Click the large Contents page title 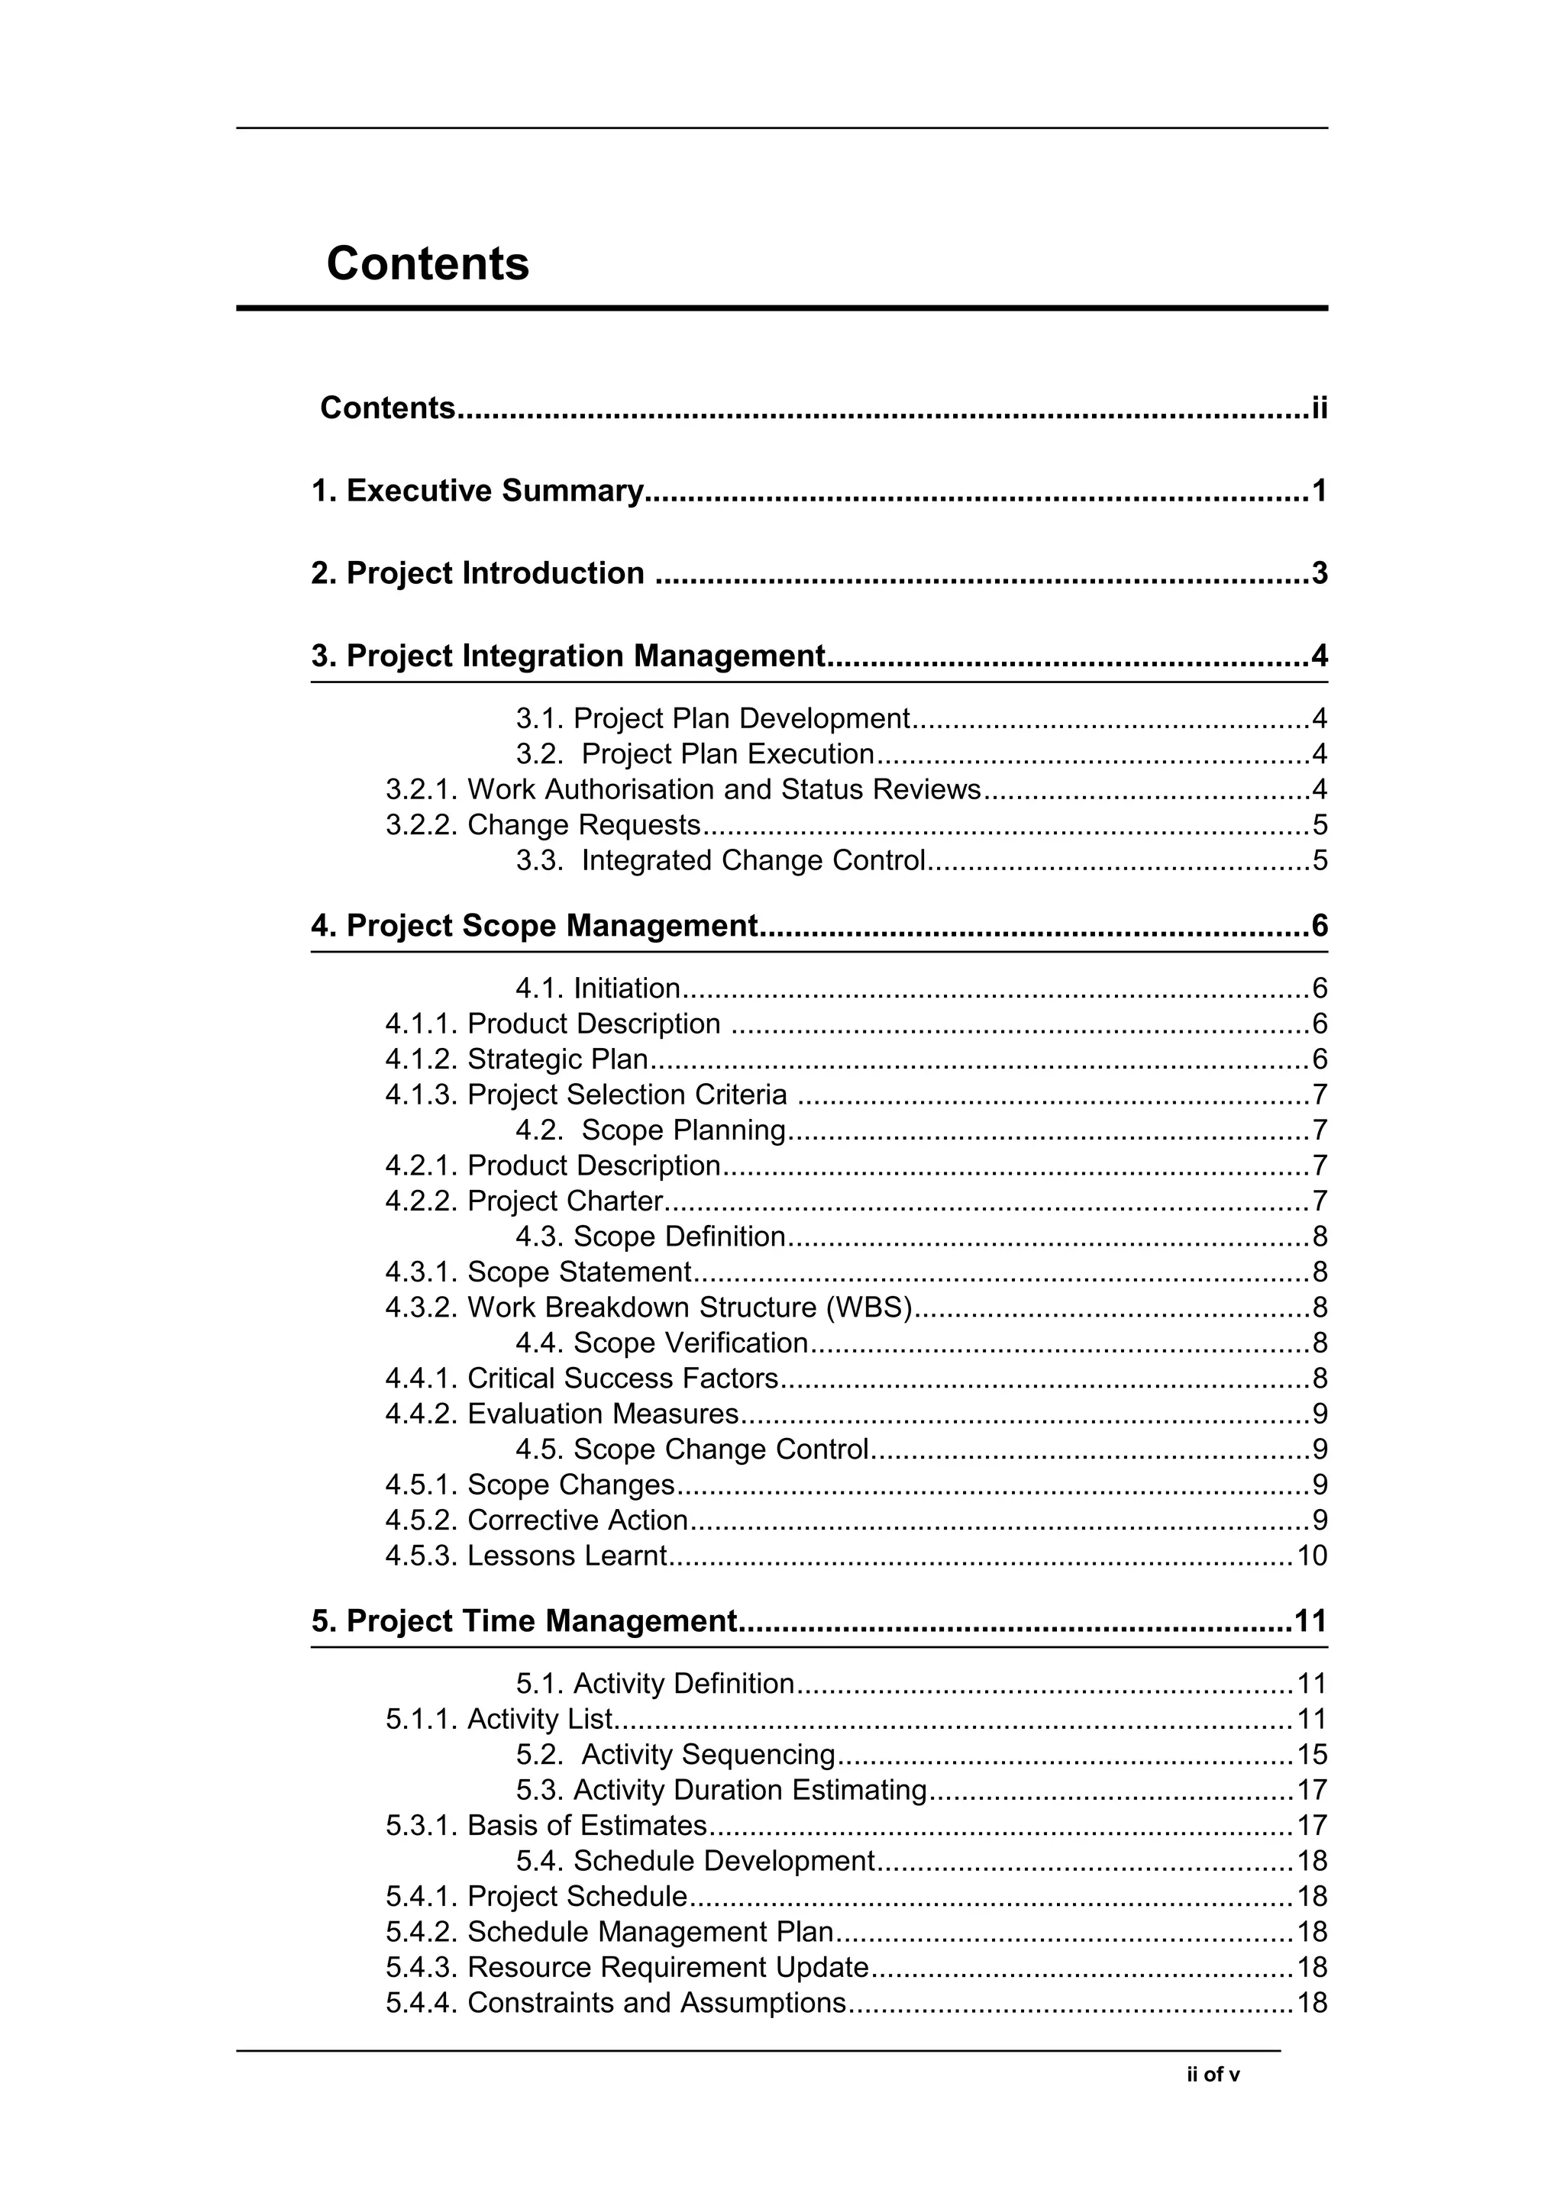[427, 263]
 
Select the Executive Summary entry [477, 492]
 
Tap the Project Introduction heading [477, 573]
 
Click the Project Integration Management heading [568, 656]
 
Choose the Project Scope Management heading [535, 926]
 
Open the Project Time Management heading [524, 1621]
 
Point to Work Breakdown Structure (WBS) [690, 1308]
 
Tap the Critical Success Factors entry [622, 1378]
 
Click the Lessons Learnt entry [567, 1556]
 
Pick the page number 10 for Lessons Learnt [1311, 1556]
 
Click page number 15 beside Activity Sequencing [1311, 1754]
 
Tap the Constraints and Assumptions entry [656, 2003]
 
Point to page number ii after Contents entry [1318, 408]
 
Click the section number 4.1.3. [421, 1095]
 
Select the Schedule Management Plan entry [651, 1932]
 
